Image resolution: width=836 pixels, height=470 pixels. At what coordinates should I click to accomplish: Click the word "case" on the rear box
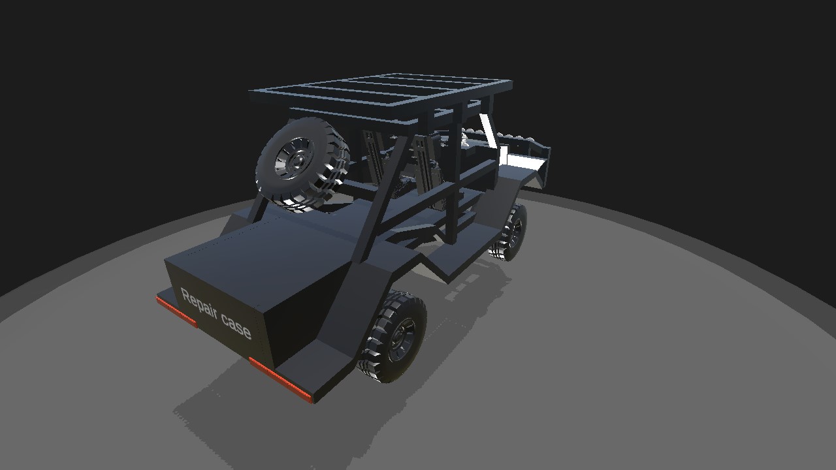point(236,326)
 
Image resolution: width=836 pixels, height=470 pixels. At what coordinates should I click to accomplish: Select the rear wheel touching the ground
point(392,336)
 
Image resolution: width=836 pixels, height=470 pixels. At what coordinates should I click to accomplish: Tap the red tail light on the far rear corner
point(176,312)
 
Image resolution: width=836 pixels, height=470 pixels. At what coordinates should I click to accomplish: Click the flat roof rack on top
point(381,96)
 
